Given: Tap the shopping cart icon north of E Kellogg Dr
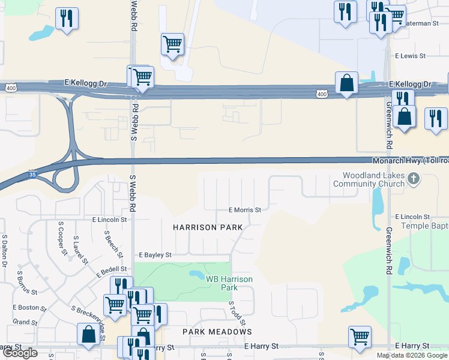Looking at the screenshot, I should (x=172, y=44).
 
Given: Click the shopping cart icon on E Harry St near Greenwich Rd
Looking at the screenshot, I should (x=360, y=336).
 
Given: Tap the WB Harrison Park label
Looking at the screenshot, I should (x=229, y=283).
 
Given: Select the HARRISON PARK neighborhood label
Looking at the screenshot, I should (x=208, y=227).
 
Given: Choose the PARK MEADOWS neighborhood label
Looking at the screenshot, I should (x=217, y=331).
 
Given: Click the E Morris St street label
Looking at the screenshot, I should (x=244, y=210).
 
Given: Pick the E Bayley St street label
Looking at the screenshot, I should (x=155, y=255).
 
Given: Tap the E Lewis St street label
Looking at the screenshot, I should (x=410, y=56).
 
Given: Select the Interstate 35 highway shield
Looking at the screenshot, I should (x=33, y=175).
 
